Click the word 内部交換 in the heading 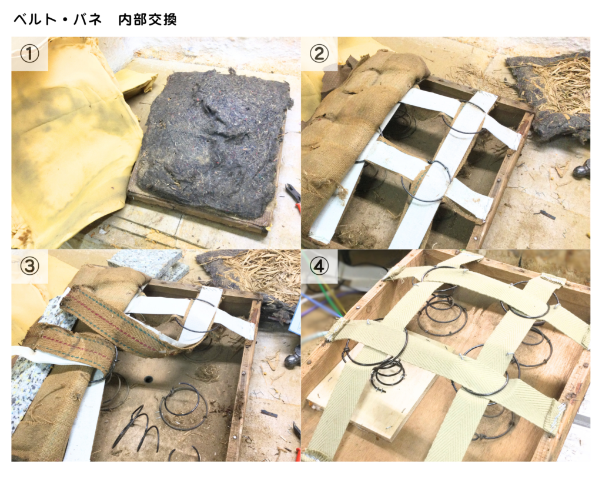[147, 19]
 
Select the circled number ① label [29, 54]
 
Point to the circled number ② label [319, 54]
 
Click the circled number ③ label [29, 266]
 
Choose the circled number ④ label [319, 266]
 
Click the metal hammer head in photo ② [582, 169]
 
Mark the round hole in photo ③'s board [148, 380]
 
